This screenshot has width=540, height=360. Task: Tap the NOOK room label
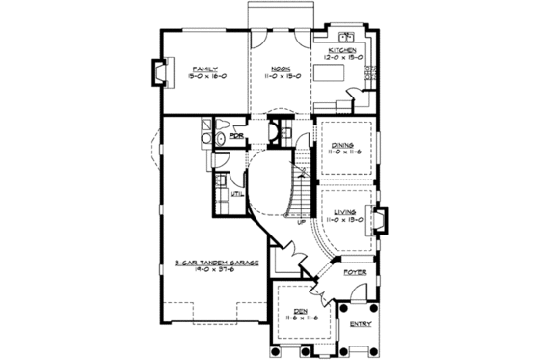tap(282, 69)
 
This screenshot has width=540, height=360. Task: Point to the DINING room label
tap(343, 145)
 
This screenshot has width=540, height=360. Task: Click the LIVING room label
tap(343, 211)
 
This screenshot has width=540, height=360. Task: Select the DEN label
tap(300, 311)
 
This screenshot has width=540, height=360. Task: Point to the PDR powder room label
tap(235, 137)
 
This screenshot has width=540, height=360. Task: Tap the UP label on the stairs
tap(302, 223)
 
